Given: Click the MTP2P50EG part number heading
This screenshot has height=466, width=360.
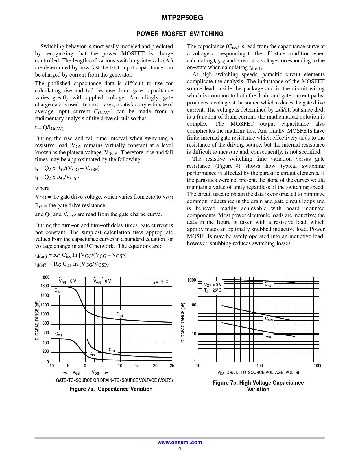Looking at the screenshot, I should coord(182,18).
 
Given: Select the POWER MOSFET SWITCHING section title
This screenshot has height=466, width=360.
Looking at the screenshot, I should coord(180,34).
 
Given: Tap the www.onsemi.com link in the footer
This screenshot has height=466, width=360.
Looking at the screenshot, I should coord(180,443).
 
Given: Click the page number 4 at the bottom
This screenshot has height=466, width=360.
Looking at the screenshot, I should coord(180,449).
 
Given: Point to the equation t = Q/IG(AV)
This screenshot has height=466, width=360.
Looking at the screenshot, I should coord(49,128).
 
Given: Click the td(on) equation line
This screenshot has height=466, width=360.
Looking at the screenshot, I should coord(82,255).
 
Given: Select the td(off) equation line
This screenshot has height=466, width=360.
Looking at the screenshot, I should coord(72,264).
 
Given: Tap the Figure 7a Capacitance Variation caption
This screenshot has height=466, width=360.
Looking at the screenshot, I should coord(111,389).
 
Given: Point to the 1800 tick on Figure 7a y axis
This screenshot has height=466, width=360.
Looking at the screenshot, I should coord(45,277).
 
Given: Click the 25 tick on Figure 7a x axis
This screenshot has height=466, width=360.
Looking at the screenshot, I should coord(172,366).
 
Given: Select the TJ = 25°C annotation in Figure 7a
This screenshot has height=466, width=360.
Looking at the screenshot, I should coord(160,282).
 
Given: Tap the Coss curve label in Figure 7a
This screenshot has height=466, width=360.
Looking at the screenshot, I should coord(112,350).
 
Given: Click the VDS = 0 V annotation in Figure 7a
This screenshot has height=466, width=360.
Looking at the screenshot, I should coord(67,282).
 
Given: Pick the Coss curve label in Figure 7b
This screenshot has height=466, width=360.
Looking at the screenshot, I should coord(269,319).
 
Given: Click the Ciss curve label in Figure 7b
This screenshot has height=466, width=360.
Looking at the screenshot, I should coord(268,285).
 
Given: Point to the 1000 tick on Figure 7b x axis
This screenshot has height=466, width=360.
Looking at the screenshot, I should coord(318,366).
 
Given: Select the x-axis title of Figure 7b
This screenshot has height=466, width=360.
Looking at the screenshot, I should coord(258,373).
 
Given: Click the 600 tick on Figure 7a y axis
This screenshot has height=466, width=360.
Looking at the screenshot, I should coord(46,333).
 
